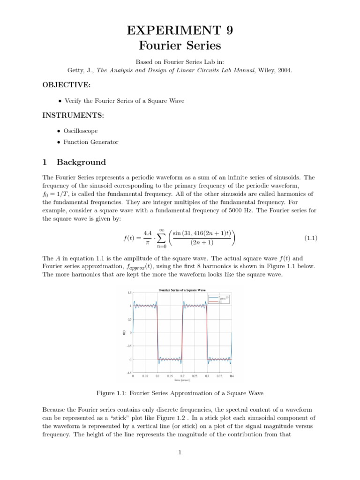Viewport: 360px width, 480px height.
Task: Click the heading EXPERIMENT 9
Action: (x=180, y=30)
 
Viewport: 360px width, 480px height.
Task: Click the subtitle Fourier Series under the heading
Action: (x=180, y=46)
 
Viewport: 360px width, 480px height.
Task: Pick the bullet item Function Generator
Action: (x=91, y=142)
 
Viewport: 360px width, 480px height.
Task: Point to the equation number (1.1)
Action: (x=311, y=238)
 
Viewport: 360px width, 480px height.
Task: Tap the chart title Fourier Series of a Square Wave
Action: (x=183, y=290)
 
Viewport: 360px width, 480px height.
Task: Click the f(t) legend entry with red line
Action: (x=224, y=302)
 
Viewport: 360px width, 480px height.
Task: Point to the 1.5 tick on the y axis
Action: (x=129, y=293)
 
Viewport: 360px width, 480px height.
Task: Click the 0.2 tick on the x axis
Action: (x=182, y=376)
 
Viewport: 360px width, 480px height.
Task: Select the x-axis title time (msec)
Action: (x=183, y=380)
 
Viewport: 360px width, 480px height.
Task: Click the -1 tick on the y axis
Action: (x=129, y=360)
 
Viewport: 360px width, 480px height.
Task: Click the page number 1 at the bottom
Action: (x=180, y=452)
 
